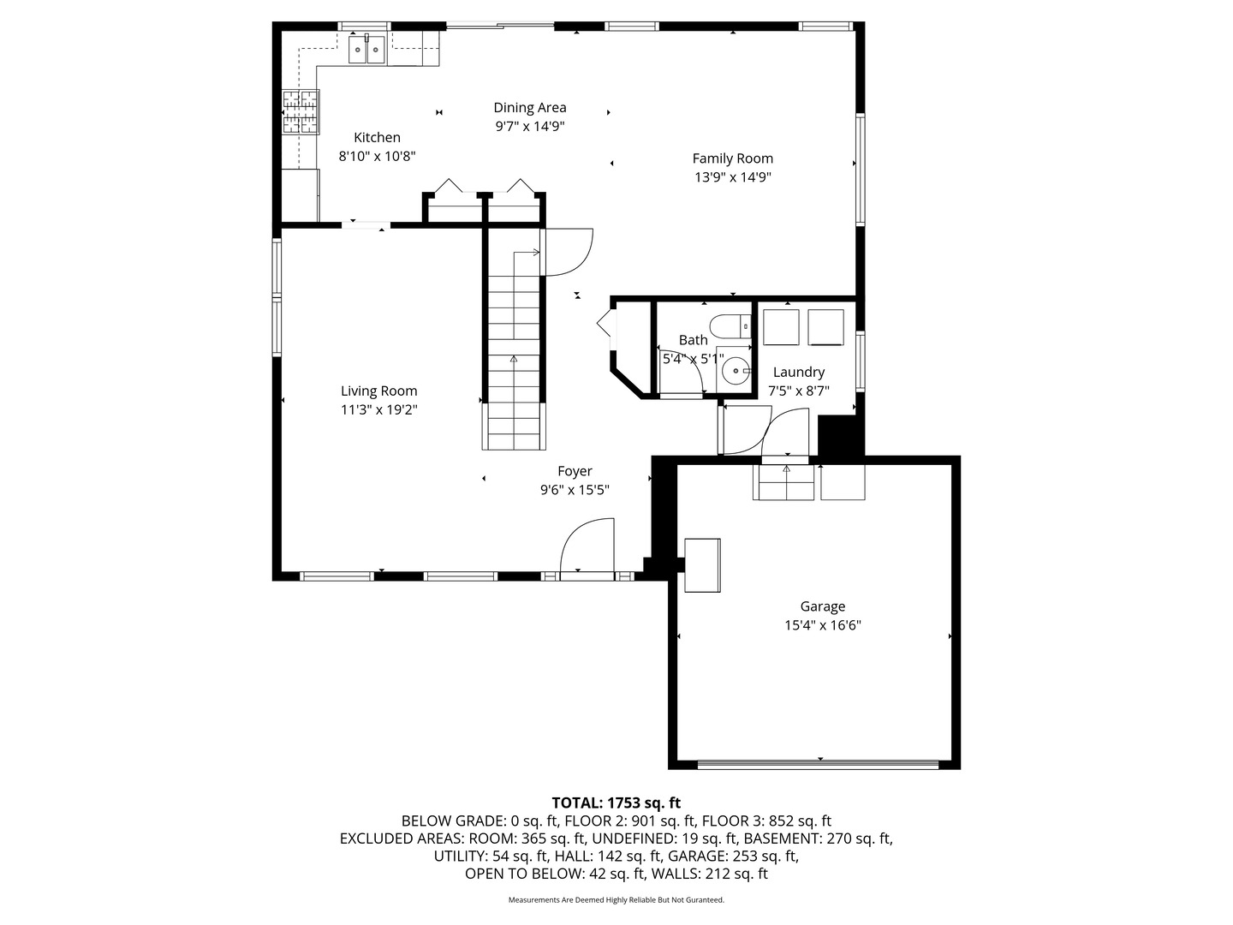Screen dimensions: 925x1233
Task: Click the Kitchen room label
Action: [x=377, y=137]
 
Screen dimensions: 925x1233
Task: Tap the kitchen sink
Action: [x=366, y=50]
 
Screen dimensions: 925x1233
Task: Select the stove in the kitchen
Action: [x=300, y=112]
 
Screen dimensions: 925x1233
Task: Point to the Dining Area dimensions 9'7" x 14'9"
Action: [x=529, y=126]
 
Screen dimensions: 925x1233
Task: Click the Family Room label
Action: [x=732, y=158]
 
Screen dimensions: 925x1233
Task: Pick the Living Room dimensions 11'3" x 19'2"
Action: [x=378, y=409]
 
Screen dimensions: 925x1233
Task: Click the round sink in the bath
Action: [x=734, y=371]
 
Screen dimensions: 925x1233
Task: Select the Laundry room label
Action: [x=798, y=372]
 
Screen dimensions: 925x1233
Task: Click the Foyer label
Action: [x=575, y=471]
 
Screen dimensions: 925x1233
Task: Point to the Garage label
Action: [x=822, y=606]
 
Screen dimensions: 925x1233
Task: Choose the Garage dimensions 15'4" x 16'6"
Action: [x=822, y=625]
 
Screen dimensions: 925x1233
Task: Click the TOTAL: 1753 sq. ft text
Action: [x=616, y=803]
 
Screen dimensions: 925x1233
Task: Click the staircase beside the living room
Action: [x=514, y=351]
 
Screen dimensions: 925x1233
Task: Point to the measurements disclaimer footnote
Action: [x=616, y=900]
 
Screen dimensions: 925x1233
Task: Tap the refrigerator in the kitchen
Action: [x=300, y=195]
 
